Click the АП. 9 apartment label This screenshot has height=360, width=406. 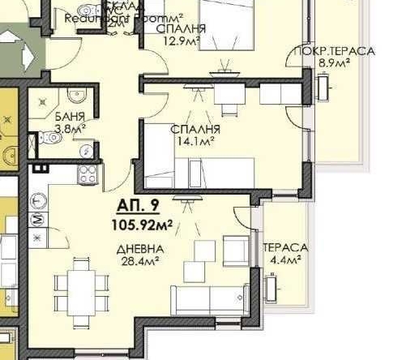(136, 205)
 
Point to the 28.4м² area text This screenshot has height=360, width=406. (139, 260)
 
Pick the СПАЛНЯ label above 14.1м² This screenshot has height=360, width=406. (192, 129)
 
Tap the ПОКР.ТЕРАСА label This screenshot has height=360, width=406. (334, 51)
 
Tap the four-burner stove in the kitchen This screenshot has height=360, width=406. (86, 173)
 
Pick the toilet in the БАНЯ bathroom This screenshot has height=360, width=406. (53, 138)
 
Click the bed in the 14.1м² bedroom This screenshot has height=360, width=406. (207, 171)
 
